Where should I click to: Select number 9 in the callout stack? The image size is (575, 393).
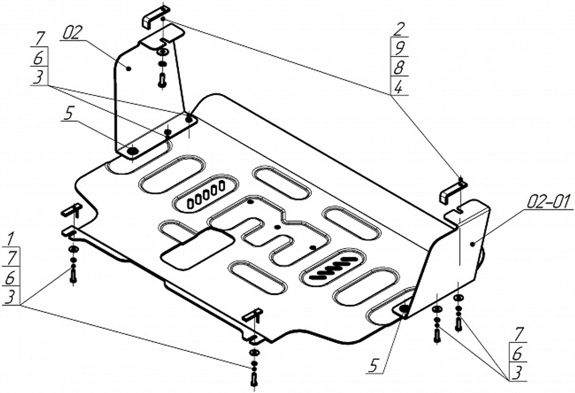[x=397, y=48]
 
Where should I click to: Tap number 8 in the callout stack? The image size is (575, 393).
[x=398, y=67]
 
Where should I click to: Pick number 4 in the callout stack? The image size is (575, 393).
[x=398, y=86]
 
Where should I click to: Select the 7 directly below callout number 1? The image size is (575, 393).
[x=11, y=257]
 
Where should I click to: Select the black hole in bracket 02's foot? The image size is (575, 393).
[x=132, y=151]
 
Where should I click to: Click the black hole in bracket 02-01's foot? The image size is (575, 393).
[x=404, y=309]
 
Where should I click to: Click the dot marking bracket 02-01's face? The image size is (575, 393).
[x=473, y=244]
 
